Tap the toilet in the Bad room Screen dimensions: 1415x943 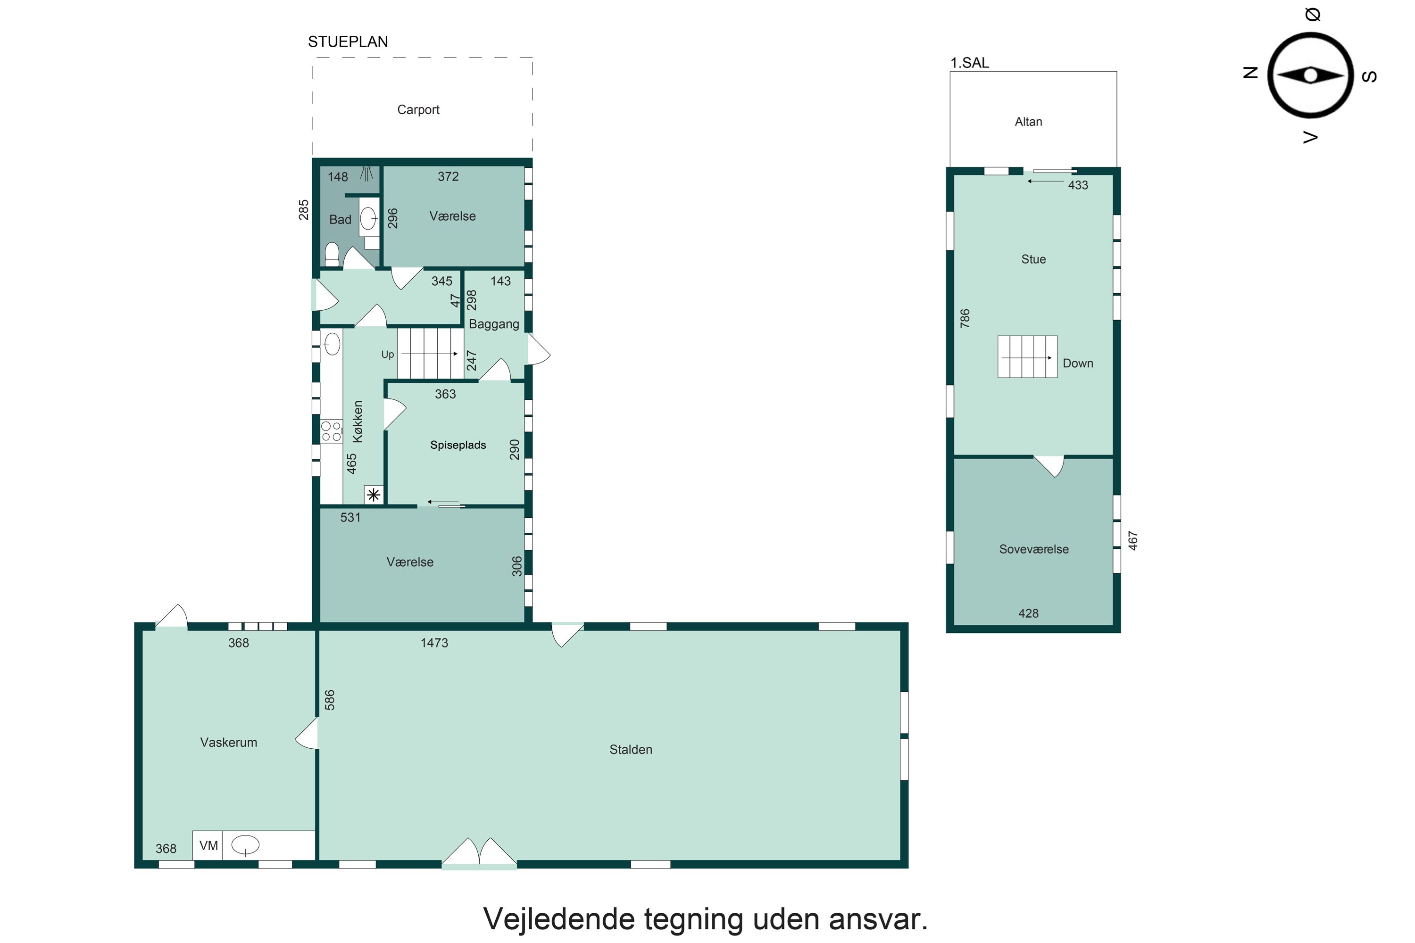click(332, 255)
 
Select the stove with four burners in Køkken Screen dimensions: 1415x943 click(331, 431)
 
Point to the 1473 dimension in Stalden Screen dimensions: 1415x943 click(434, 643)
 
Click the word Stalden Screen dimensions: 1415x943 click(631, 749)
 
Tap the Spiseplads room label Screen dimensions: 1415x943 click(458, 445)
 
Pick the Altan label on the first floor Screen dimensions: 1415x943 click(1028, 122)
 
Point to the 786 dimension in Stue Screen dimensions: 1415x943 click(965, 318)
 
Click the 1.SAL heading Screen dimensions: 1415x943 click(969, 63)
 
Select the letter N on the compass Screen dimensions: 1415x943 click(1250, 73)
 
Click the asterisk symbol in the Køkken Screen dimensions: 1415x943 click(374, 495)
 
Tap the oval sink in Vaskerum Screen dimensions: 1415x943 click(245, 845)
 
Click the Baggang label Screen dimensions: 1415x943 click(494, 324)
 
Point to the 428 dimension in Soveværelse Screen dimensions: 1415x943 click(1028, 613)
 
